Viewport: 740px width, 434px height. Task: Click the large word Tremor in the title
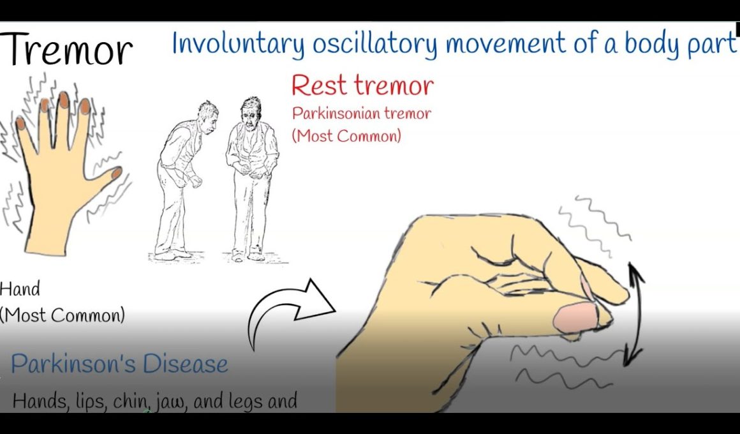(66, 49)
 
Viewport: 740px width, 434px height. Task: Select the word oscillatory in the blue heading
(375, 45)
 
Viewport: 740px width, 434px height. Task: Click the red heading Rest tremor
(362, 86)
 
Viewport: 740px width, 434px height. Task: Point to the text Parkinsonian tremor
(361, 114)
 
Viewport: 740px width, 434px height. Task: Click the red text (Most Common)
(346, 136)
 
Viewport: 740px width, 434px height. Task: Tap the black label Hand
(20, 289)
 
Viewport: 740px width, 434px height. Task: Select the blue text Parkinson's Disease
(119, 364)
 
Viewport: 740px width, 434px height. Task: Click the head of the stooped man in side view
(207, 115)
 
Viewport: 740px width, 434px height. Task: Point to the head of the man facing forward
(251, 112)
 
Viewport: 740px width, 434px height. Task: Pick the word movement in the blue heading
(505, 44)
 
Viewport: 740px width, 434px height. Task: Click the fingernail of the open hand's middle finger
(63, 100)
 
